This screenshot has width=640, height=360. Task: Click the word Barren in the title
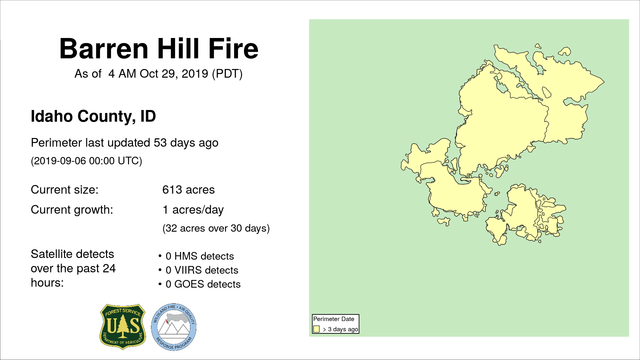(104, 49)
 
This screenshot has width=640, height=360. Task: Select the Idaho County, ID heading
(93, 116)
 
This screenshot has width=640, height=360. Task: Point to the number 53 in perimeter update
(160, 143)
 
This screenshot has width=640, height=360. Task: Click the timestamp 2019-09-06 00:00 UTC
(86, 161)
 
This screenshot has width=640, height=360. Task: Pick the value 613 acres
(188, 190)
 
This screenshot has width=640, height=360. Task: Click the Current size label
(65, 190)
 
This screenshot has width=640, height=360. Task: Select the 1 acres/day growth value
(193, 210)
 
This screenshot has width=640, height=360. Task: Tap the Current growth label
(72, 210)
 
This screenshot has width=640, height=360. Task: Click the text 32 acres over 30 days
(216, 228)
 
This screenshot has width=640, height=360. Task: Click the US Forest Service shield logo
(123, 327)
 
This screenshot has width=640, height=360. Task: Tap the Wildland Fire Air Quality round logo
(174, 327)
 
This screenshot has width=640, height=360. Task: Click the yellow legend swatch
(316, 329)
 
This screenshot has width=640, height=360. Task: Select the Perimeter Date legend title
(334, 319)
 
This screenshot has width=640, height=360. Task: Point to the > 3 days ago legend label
(340, 329)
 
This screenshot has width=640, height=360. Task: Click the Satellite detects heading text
(73, 268)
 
